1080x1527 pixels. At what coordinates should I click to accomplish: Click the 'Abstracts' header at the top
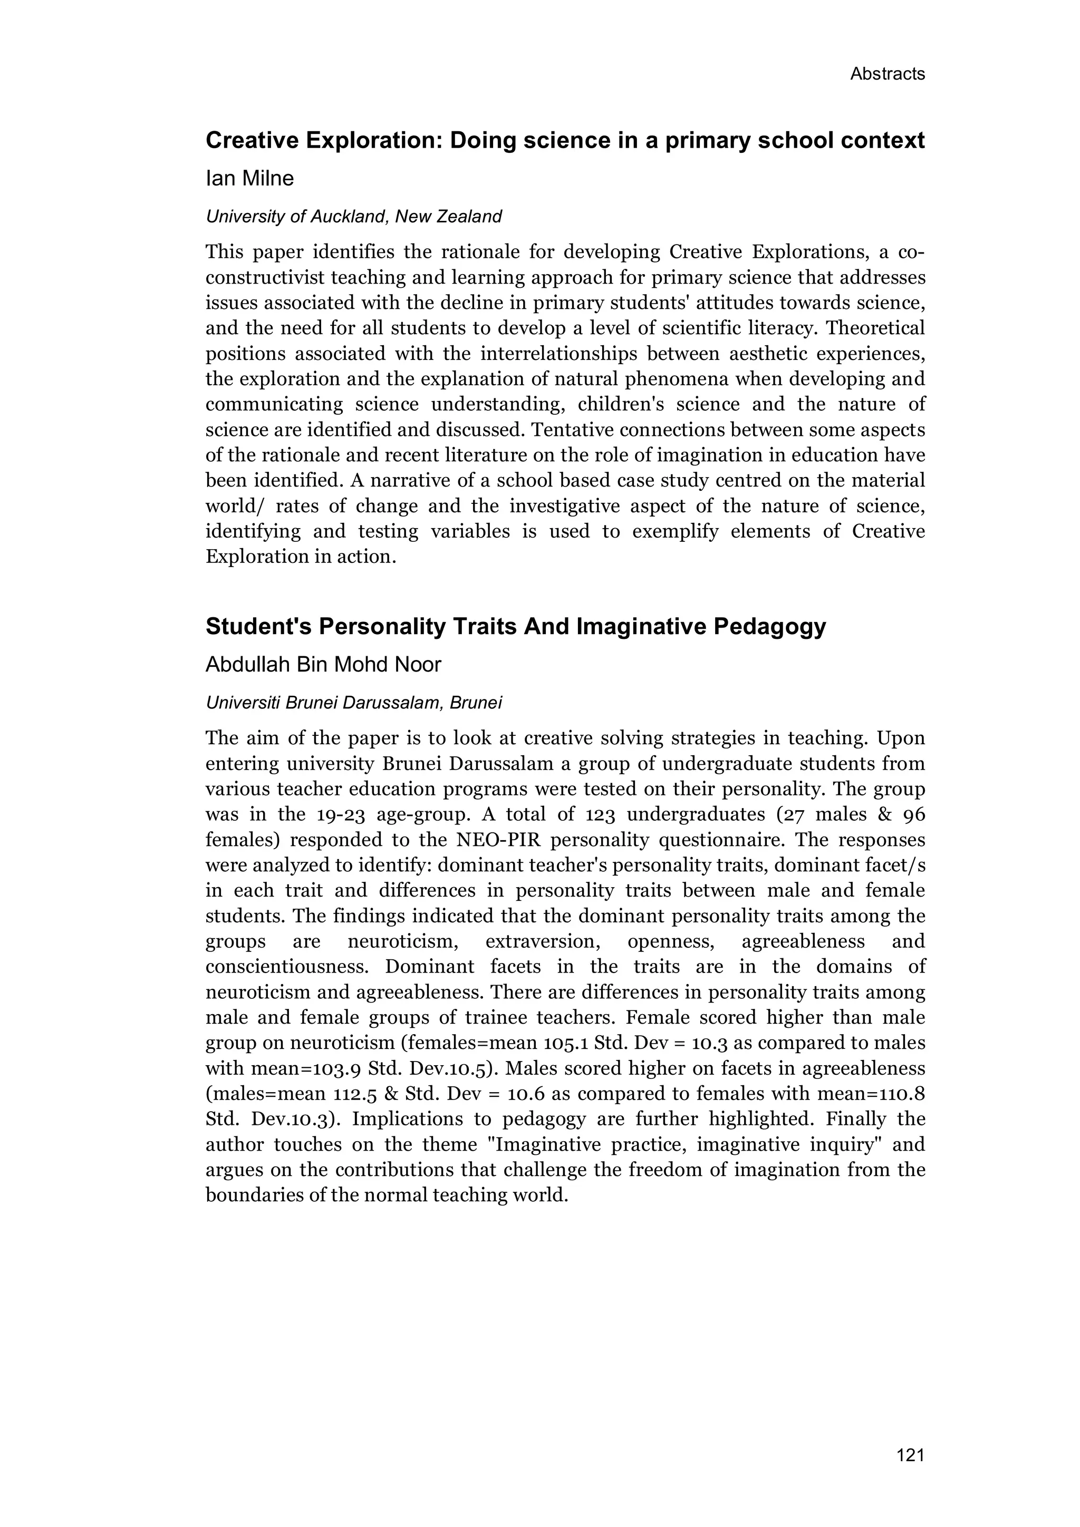point(887,74)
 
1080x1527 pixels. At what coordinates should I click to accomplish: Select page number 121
point(910,1455)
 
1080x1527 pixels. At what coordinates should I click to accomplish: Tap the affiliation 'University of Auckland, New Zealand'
point(353,217)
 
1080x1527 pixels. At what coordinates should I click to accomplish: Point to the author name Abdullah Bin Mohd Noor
point(323,664)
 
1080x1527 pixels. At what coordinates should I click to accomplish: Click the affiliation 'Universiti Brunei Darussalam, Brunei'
point(353,703)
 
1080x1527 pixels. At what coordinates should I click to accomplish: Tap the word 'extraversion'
point(544,942)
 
